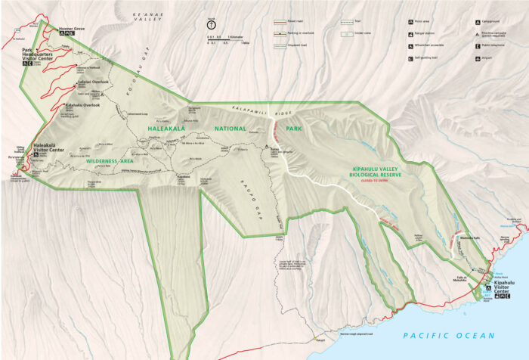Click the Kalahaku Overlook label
(x=83, y=105)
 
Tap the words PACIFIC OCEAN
(x=449, y=335)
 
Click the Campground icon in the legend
(x=478, y=22)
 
